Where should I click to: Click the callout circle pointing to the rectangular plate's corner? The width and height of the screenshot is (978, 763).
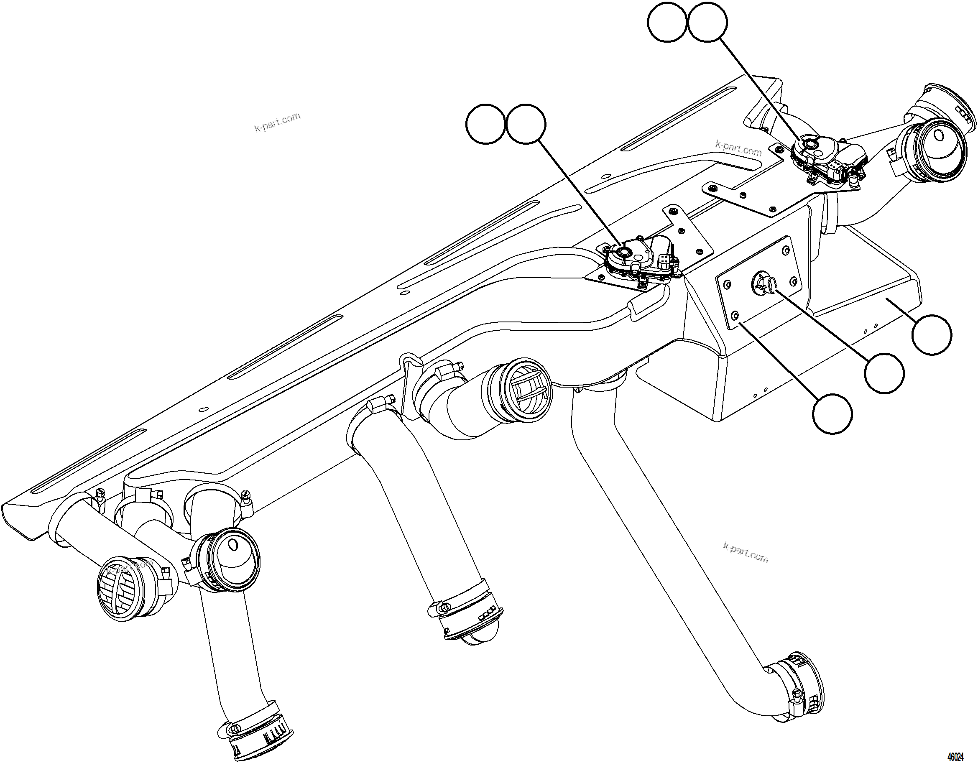pyautogui.click(x=832, y=413)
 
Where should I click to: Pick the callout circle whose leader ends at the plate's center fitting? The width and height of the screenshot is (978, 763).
pyautogui.click(x=884, y=373)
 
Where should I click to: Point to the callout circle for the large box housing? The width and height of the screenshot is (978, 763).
pyautogui.click(x=932, y=334)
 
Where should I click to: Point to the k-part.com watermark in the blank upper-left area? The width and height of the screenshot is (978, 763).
pyautogui.click(x=277, y=122)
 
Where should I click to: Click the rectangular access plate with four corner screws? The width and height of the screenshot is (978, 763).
pyautogui.click(x=757, y=283)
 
